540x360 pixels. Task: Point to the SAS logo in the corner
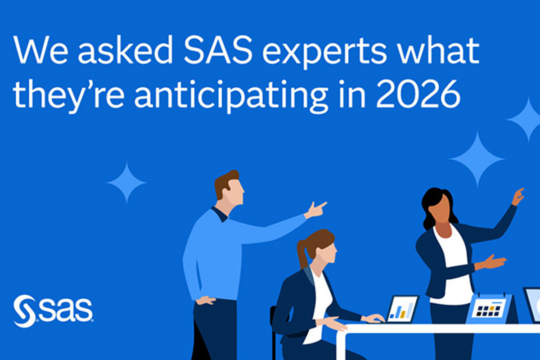point(53,310)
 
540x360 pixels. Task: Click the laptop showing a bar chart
point(402,309)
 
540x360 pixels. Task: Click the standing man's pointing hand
point(315,210)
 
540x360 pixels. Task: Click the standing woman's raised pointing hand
point(517,197)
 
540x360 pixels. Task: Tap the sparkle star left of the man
point(126,183)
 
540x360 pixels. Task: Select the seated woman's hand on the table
point(373,318)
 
